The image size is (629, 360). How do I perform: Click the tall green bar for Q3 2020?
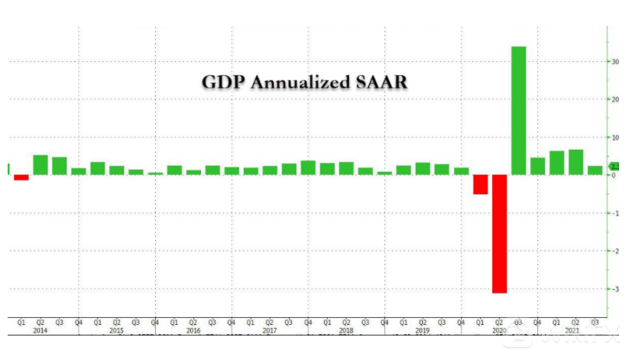pos(518,110)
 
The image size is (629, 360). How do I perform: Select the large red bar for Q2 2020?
pos(499,233)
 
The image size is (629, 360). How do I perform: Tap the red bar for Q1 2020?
pos(480,184)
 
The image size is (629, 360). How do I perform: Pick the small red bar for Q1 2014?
pos(21,177)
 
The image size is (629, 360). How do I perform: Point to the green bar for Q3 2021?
pos(595,170)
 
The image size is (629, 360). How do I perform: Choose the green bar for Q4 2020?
pos(537,166)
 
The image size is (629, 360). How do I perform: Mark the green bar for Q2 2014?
pos(41,164)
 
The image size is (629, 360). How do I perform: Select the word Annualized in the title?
pos(302,82)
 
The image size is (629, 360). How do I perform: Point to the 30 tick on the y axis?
pos(614,62)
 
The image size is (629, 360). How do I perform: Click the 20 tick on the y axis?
pos(614,99)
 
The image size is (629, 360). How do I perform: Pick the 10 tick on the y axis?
pos(614,138)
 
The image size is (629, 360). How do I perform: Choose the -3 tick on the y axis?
pos(614,289)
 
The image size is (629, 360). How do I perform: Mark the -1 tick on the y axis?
pos(614,213)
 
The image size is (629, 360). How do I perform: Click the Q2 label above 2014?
pos(41,323)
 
